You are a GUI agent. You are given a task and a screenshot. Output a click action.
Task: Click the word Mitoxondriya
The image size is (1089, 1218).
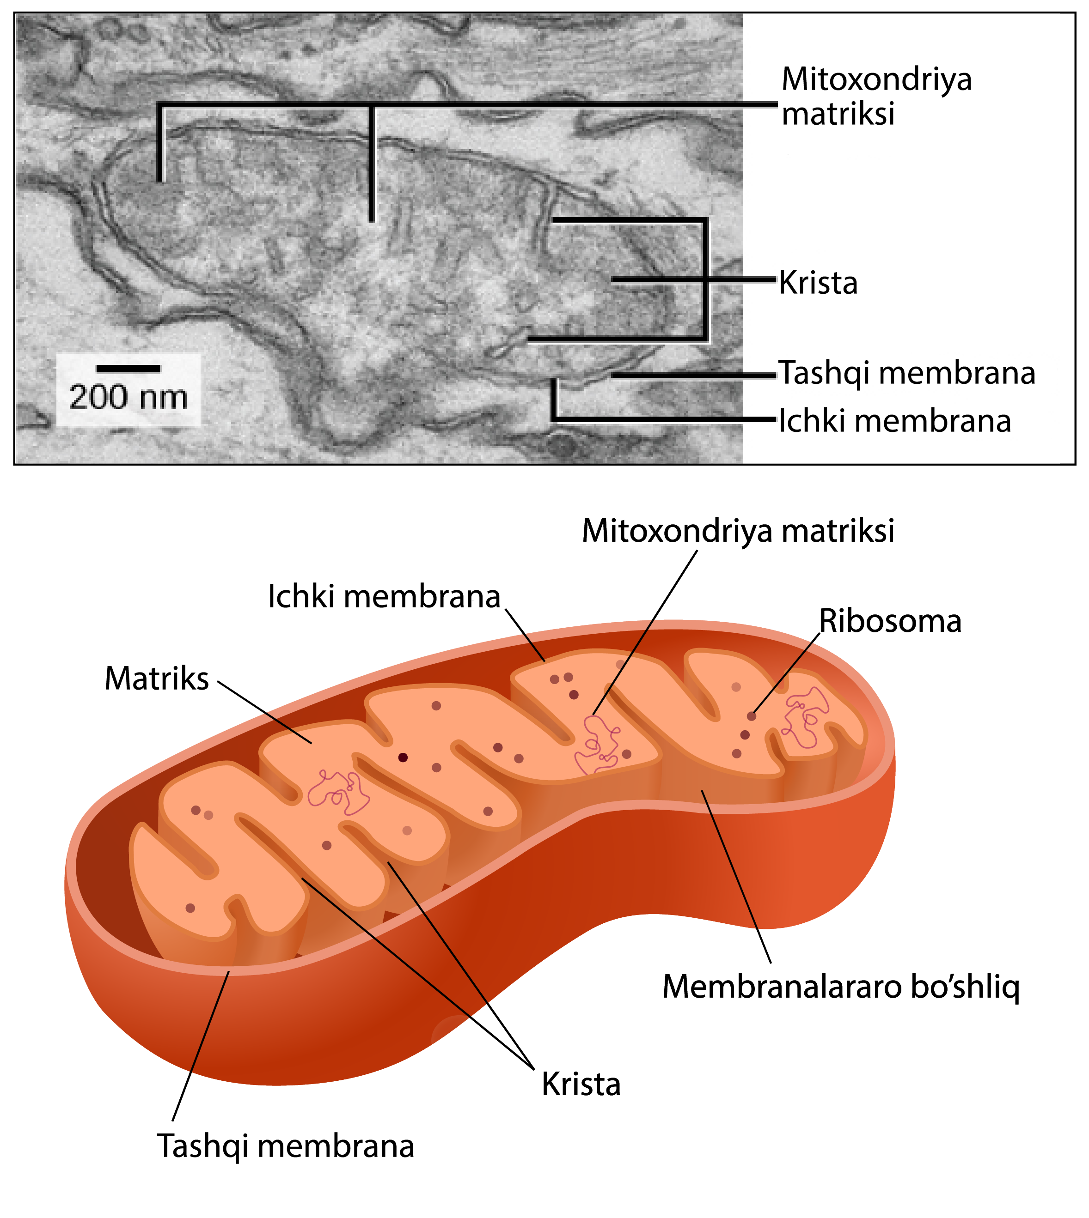[876, 79]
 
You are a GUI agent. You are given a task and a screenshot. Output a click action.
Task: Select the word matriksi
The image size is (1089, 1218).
[838, 114]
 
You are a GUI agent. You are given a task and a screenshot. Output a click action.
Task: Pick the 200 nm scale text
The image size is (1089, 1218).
[128, 397]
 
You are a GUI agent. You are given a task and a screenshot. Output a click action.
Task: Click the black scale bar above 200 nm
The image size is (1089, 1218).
[128, 368]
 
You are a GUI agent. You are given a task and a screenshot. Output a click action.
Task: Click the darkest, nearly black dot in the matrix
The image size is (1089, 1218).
[403, 757]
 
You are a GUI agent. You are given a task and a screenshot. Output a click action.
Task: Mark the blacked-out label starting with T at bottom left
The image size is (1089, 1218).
[285, 1147]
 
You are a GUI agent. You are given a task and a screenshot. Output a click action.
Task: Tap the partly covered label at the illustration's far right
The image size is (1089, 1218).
[890, 621]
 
